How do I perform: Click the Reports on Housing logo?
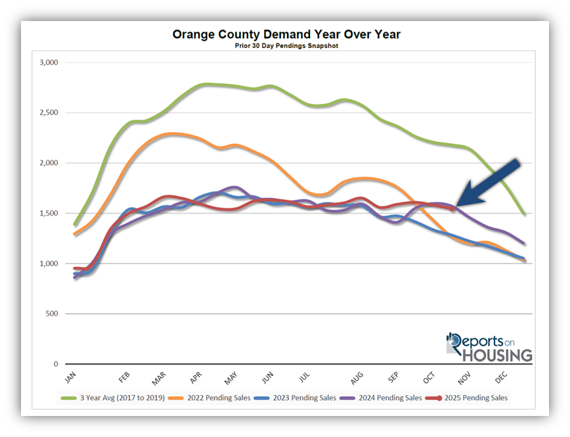489,348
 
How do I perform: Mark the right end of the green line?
523,214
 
